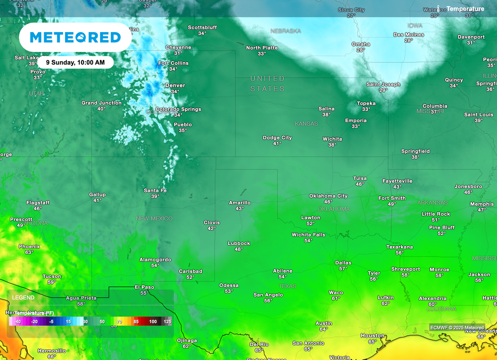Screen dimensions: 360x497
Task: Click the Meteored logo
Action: click(x=75, y=37)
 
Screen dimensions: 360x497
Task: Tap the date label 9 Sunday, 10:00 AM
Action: click(x=75, y=62)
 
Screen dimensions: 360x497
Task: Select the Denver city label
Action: click(x=175, y=85)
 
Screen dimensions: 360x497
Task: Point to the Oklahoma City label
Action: click(x=329, y=196)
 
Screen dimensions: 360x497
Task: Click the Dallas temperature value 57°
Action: click(x=343, y=269)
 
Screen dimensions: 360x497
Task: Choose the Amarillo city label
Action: click(x=240, y=203)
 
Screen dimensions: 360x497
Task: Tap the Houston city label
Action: click(x=372, y=336)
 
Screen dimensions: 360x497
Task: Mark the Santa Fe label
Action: click(x=155, y=191)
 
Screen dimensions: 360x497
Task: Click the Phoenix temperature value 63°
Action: click(x=29, y=252)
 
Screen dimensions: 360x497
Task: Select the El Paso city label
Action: click(x=144, y=287)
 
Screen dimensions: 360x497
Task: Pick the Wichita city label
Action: click(x=332, y=139)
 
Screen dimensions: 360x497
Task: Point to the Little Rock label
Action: click(x=436, y=214)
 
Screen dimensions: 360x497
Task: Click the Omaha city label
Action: click(x=361, y=44)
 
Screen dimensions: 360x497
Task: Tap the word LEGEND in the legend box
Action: click(x=23, y=297)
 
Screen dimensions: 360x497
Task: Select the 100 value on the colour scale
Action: click(x=153, y=322)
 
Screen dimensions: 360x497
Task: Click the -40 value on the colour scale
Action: click(x=17, y=322)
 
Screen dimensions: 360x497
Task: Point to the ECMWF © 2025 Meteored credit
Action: click(x=457, y=327)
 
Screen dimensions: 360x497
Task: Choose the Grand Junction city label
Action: click(x=101, y=103)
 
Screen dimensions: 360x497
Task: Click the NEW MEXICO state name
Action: click(x=154, y=219)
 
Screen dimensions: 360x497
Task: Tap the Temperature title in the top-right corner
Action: click(x=465, y=9)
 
